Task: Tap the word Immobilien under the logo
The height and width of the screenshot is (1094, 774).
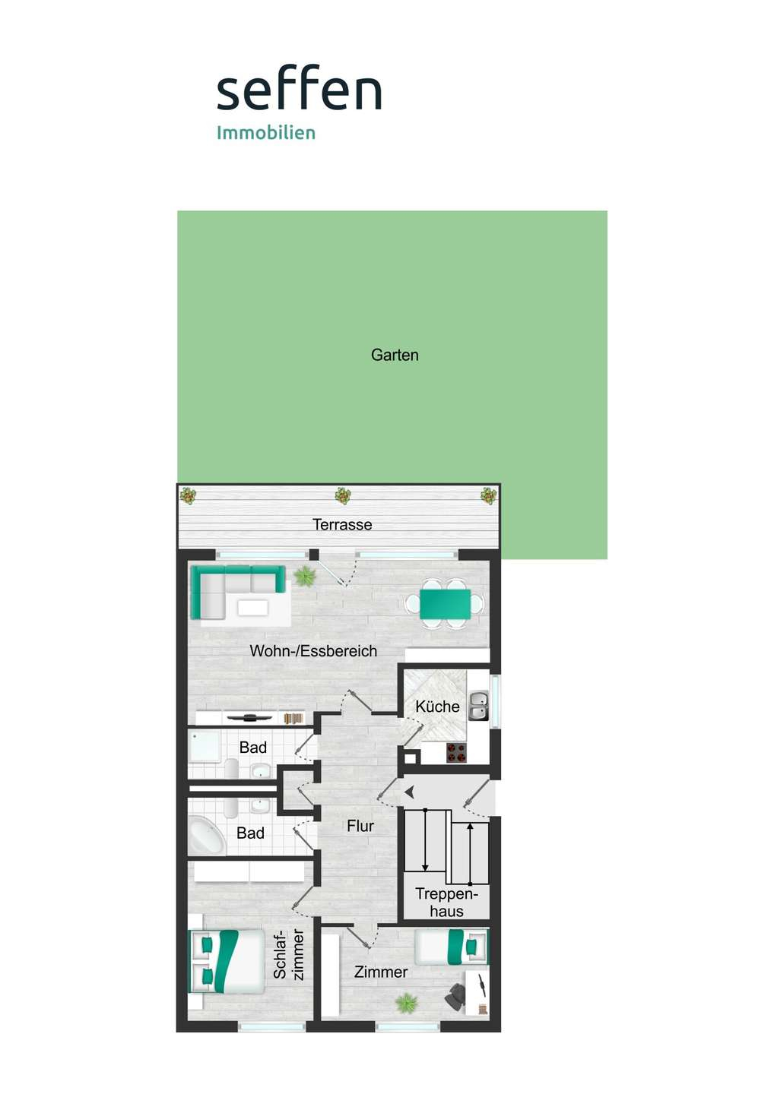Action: (266, 133)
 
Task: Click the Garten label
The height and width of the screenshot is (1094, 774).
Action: (395, 355)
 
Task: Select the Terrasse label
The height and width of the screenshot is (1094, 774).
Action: (342, 524)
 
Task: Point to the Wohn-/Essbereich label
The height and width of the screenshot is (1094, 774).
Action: (313, 651)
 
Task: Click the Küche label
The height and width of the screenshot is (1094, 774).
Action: (437, 707)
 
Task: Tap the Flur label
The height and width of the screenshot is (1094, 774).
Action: (360, 826)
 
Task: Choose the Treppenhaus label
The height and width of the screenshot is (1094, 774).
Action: (446, 903)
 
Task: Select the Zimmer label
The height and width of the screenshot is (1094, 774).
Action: (381, 972)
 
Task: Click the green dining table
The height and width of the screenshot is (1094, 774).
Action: (445, 604)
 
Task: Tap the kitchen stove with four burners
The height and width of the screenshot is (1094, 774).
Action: (456, 753)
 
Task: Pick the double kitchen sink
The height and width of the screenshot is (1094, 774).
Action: (478, 707)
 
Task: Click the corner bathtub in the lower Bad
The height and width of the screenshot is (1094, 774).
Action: (206, 834)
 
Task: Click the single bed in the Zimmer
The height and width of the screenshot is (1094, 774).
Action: (451, 947)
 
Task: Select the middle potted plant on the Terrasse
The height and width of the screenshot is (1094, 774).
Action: (343, 495)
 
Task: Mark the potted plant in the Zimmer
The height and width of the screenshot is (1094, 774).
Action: (407, 1003)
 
